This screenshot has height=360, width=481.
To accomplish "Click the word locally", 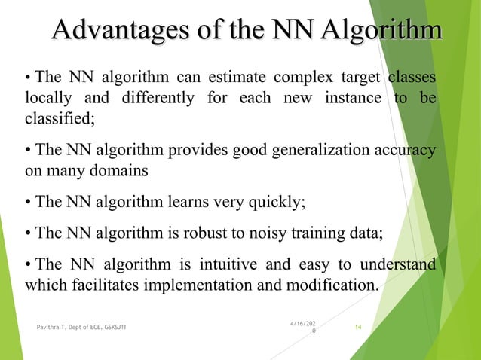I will tap(47, 99).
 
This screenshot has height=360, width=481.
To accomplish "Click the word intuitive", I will tap(228, 265).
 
